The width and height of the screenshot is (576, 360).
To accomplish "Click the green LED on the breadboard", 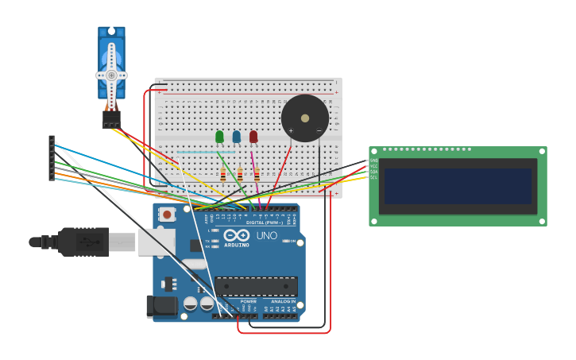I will [219, 137].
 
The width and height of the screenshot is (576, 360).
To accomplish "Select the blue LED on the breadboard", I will [237, 137].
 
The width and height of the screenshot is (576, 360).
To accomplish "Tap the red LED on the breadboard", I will [253, 137].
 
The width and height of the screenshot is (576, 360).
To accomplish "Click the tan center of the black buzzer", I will [305, 118].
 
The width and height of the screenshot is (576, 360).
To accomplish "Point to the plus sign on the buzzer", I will [291, 131].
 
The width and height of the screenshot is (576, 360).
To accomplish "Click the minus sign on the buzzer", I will [319, 131].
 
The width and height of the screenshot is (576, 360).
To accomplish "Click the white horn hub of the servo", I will [111, 75].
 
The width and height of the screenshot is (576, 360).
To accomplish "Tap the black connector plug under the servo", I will [111, 118].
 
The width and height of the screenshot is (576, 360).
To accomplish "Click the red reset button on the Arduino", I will [167, 215].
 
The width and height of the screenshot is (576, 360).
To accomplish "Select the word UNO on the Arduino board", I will [267, 236].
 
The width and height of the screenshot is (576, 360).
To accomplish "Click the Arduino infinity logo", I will [237, 235].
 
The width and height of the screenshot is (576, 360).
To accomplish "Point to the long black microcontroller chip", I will [256, 286].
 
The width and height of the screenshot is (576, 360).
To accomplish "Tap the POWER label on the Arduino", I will [249, 302].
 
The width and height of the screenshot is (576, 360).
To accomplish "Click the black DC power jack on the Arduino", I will [161, 307].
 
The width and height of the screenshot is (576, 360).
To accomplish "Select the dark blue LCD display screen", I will [458, 186].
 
